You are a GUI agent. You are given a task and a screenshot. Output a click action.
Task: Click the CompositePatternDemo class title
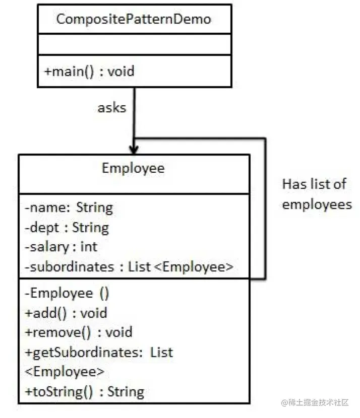coord(134,19)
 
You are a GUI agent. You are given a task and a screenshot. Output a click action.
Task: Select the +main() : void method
coord(89,72)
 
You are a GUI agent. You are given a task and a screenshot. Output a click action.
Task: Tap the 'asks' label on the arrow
coord(112,108)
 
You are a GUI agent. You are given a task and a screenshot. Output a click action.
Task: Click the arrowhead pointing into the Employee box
coord(134,150)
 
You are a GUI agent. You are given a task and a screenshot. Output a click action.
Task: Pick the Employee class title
coord(133,168)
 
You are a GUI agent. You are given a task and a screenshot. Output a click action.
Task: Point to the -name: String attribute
coord(69,208)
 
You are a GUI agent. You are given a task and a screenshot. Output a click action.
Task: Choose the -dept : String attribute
coord(67,228)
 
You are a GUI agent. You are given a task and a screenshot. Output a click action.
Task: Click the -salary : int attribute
coord(61,247)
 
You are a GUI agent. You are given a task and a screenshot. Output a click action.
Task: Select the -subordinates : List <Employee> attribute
coord(129,267)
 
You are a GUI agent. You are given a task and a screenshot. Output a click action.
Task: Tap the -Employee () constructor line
coord(67,293)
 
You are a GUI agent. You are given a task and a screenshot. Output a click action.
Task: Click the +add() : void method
coord(66,313)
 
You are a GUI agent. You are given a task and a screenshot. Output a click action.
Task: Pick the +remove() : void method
coord(79,332)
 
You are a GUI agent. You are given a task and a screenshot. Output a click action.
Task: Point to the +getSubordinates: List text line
coord(99,353)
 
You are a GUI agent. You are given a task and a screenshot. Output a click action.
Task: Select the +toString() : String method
coord(84,392)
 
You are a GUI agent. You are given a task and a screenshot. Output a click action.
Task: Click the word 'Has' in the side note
coord(293,184)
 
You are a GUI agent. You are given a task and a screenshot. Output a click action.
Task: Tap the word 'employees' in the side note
coord(317,205)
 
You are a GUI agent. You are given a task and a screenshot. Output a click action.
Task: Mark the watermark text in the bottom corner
coord(315,402)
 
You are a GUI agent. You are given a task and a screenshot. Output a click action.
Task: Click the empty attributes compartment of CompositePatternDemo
coord(135,44)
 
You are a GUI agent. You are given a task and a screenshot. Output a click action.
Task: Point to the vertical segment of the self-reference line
coord(265,208)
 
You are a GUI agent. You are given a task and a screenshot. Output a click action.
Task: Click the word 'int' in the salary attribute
coord(89,247)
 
